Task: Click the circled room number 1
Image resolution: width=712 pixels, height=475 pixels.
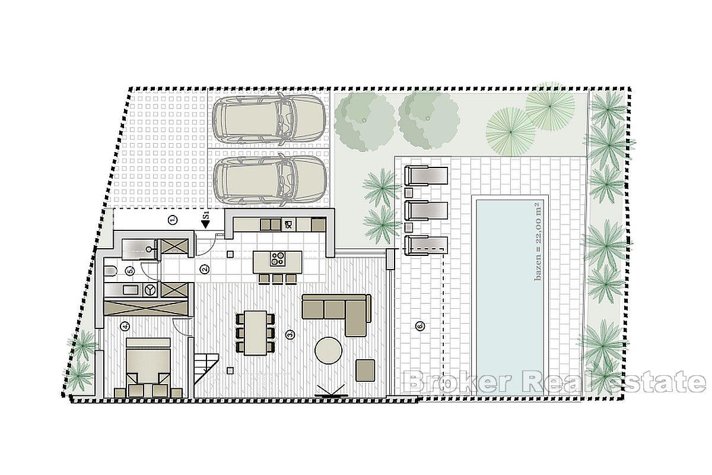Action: coord(173,220)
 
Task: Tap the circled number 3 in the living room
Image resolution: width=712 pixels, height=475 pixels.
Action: coord(290,335)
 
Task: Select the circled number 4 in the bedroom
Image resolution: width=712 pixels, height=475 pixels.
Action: coord(125,325)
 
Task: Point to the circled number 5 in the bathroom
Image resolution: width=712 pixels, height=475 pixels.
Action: coord(130,271)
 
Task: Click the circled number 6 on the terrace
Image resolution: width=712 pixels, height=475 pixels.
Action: coord(420,325)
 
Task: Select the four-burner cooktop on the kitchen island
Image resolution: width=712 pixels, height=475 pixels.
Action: coord(278,259)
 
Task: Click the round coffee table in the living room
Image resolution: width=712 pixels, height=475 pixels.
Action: coord(329,350)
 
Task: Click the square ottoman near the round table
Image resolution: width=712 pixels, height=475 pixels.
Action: coord(365,369)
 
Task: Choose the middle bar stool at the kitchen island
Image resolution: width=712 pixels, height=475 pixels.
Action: coord(276,278)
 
